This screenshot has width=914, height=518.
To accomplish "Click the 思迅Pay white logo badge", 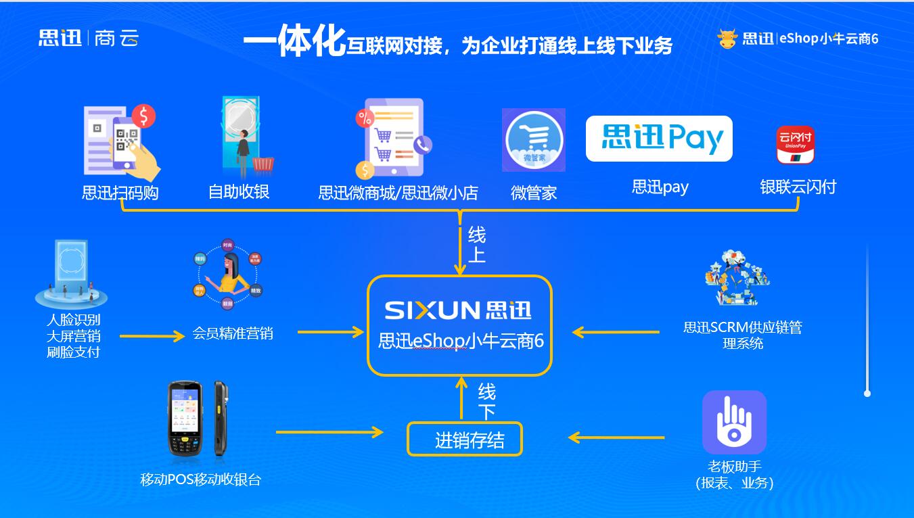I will tap(658, 139).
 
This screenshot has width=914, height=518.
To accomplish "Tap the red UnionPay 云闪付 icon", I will tap(795, 145).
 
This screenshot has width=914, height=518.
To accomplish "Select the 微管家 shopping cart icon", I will tap(533, 140).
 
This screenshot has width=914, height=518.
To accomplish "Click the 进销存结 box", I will tap(465, 440).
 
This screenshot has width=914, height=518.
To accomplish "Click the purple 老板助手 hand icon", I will tap(734, 422).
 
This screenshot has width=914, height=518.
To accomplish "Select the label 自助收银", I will tap(239, 192).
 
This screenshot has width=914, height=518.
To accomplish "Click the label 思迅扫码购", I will tap(120, 193).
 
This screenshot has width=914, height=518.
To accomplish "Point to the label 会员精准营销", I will tap(233, 333).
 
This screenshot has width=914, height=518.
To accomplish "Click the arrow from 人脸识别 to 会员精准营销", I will tap(152, 335).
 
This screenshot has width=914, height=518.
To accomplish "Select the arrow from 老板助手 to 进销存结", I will tap(616, 438).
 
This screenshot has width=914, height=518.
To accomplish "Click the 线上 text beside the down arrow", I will tap(477, 245).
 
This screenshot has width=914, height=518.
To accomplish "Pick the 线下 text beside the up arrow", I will tap(486, 401).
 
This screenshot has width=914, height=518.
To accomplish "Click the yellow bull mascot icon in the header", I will tap(727, 39).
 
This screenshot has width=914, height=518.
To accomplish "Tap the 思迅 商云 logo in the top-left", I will tap(88, 38).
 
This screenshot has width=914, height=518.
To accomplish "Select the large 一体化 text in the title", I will tap(294, 42).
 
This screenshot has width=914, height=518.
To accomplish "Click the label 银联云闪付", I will tap(798, 187).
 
